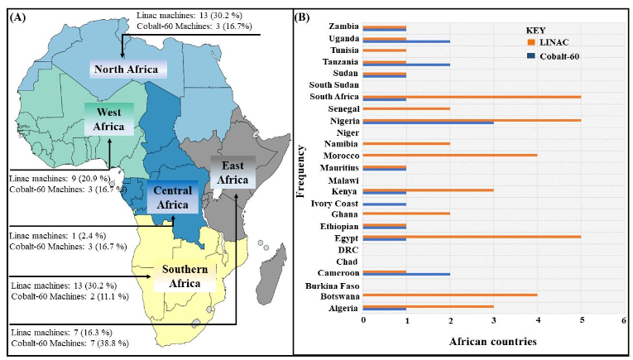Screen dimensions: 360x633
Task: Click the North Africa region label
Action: (128, 69)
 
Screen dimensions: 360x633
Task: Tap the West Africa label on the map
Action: (108, 118)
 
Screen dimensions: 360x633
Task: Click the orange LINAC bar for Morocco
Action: (450, 154)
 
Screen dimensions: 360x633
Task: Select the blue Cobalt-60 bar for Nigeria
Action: (429, 122)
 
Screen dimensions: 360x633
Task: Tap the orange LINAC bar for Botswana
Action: (450, 294)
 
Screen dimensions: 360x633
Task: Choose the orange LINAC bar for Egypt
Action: (472, 236)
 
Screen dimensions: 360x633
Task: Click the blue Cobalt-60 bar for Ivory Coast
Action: (385, 204)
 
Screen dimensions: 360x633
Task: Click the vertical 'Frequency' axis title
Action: (303, 167)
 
